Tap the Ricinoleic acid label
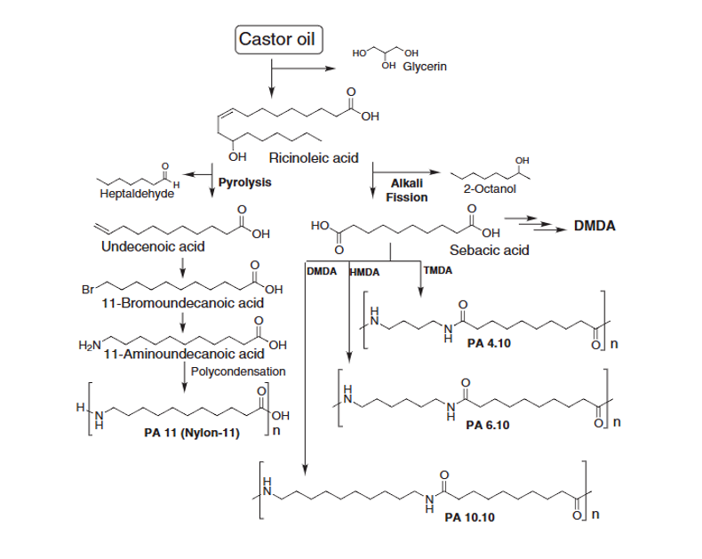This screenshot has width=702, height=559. click(319, 158)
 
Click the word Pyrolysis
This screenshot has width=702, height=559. click(244, 181)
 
